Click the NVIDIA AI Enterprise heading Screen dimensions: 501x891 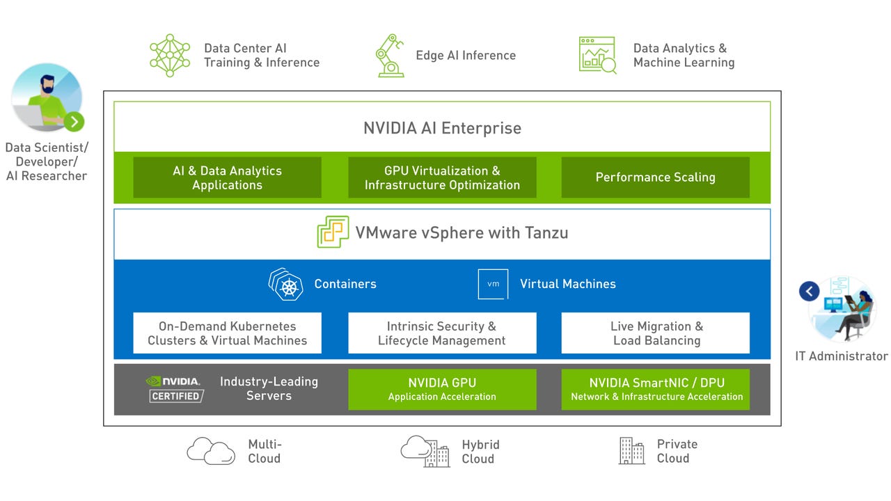coord(442,128)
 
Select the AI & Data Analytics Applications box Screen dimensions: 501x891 coord(227,177)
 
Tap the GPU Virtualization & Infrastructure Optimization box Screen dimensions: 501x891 coord(442,177)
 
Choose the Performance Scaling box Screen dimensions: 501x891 coord(655,177)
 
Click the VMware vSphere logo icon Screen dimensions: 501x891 coord(333,232)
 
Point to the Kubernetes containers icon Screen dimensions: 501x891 coord(286,285)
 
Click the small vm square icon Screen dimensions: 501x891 coord(493,284)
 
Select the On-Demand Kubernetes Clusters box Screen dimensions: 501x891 coord(227,333)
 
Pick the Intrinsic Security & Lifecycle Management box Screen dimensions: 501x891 coord(442,333)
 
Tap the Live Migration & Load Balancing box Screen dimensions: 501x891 coord(655,333)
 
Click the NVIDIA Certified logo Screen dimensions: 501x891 coord(175,389)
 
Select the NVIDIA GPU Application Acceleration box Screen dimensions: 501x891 coord(442,389)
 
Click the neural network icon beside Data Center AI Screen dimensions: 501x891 coord(170,55)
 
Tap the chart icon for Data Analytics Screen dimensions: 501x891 coord(597,55)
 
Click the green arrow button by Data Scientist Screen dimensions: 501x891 coord(74,122)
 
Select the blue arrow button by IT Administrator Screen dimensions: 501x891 coord(809,291)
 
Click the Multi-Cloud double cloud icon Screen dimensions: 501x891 coord(210,451)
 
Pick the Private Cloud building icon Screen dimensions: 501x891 coord(631,451)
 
